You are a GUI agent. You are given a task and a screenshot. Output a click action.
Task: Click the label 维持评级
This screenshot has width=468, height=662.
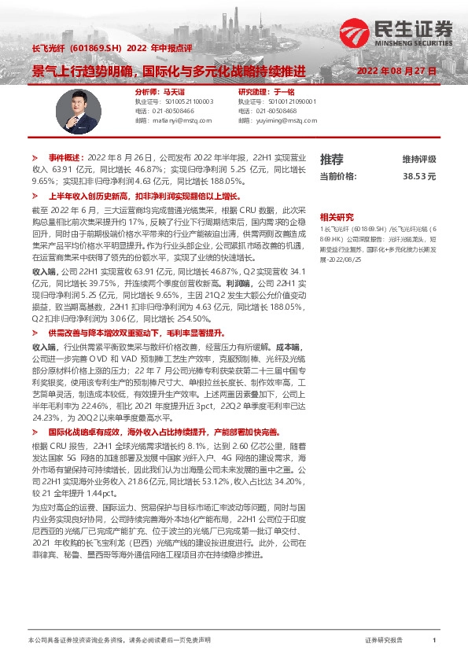click(418, 159)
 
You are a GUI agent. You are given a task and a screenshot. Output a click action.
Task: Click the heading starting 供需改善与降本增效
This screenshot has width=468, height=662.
click(134, 333)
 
